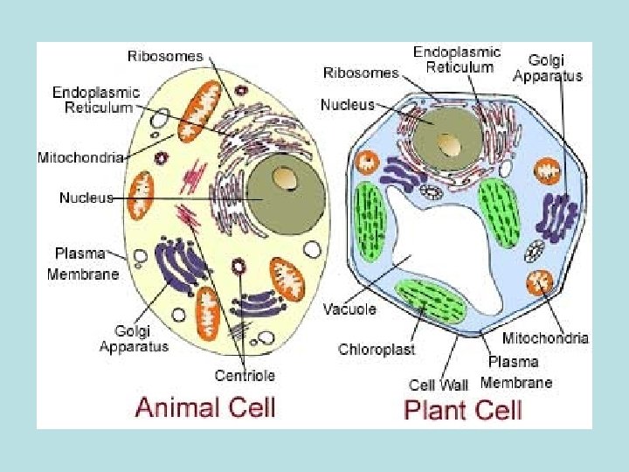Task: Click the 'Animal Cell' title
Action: [x=205, y=406]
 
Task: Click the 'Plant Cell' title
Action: [x=463, y=408]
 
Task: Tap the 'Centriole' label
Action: [x=245, y=376]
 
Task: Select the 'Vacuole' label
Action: [x=349, y=309]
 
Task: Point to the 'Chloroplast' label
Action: [x=377, y=350]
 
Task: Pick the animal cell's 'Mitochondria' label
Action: [x=79, y=157]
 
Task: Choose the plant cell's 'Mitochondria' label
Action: [x=545, y=337]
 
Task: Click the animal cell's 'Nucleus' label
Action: [x=86, y=198]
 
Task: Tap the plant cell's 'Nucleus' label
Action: [x=348, y=104]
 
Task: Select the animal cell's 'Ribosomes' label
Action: [x=165, y=56]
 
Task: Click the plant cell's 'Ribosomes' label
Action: [x=360, y=73]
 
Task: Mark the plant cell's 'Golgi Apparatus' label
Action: [x=548, y=67]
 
